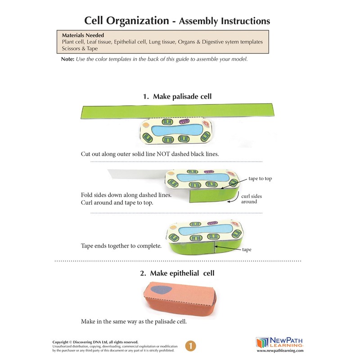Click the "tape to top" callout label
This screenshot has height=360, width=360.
tap(260, 179)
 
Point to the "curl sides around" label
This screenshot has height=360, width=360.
tap(252, 199)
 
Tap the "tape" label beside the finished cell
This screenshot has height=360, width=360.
tap(247, 249)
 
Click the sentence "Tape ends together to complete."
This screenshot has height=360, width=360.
tap(121, 246)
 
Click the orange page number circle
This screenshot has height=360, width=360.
tap(191, 346)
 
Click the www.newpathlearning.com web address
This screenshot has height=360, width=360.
tap(280, 351)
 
